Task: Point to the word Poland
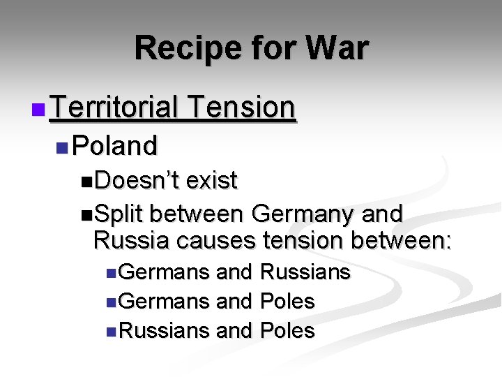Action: click(x=115, y=146)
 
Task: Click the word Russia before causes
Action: click(x=131, y=240)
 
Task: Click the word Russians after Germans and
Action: click(x=305, y=272)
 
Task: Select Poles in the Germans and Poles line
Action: click(x=287, y=302)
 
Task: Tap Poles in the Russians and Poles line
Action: click(x=287, y=330)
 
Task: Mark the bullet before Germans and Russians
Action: click(x=112, y=273)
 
